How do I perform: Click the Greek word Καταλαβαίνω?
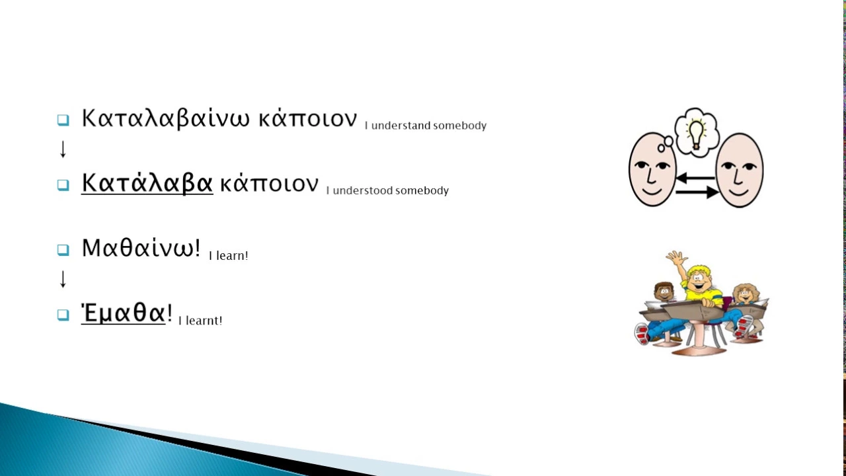[x=166, y=119]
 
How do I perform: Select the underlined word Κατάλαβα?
[x=147, y=184]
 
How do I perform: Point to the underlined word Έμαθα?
[x=124, y=313]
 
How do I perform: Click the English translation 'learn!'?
[x=232, y=256]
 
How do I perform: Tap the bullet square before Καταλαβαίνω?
[x=63, y=120]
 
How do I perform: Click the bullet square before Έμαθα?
[x=63, y=315]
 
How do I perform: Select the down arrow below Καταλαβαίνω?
[x=63, y=149]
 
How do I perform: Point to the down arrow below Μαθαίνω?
[x=63, y=279]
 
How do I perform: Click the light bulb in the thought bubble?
[x=696, y=134]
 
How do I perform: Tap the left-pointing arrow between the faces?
[x=695, y=178]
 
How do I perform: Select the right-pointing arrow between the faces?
[x=697, y=192]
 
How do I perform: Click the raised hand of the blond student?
[x=677, y=258]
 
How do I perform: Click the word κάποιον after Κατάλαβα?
[x=269, y=184]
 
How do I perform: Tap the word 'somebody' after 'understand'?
[x=460, y=126]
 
